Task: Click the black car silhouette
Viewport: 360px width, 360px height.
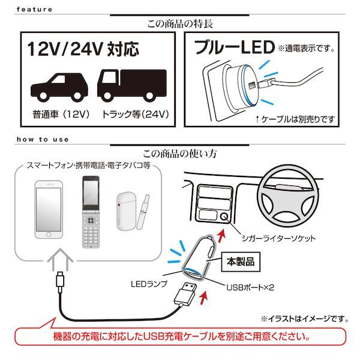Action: click(59, 87)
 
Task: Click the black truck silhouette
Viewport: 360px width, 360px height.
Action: click(132, 85)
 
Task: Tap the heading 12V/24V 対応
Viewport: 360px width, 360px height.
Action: click(83, 49)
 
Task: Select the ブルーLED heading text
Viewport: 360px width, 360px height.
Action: click(234, 47)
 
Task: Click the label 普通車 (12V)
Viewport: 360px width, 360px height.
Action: click(61, 114)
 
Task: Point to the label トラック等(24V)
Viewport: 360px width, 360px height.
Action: click(135, 114)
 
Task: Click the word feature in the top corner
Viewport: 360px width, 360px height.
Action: click(34, 10)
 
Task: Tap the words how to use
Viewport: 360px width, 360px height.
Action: click(43, 139)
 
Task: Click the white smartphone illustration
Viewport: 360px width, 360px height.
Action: click(49, 209)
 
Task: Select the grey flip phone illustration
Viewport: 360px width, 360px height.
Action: click(91, 212)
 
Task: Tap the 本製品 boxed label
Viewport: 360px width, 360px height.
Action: click(241, 262)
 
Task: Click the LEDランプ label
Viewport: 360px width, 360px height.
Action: click(149, 284)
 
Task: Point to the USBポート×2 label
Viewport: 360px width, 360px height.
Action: click(250, 287)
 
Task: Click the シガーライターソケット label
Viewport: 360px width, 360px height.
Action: click(279, 238)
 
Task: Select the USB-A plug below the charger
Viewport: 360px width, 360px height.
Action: click(185, 295)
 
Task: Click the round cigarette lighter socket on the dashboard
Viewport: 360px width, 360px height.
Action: click(224, 216)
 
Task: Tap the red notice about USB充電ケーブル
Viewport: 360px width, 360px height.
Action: click(181, 337)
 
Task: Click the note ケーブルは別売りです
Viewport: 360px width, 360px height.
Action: click(295, 119)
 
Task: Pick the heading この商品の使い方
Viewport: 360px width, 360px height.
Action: click(180, 154)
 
